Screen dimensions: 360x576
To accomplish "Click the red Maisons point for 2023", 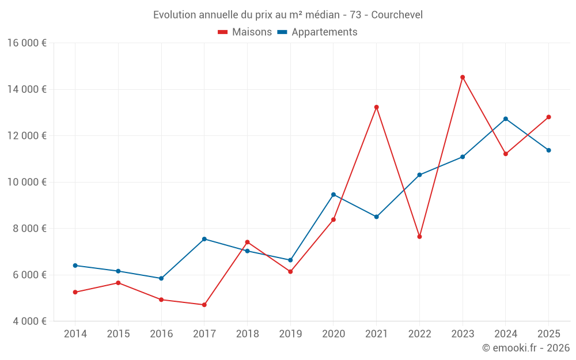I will [x=463, y=77].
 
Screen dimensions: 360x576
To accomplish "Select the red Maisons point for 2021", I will [x=376, y=107].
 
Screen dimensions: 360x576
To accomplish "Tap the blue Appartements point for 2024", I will [x=506, y=119].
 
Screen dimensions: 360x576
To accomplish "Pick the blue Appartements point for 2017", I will [x=204, y=239].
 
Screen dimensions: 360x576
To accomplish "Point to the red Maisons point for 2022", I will [x=419, y=237].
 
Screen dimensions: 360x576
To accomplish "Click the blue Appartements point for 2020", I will [x=334, y=195].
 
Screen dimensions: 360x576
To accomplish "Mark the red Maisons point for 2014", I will [x=75, y=292].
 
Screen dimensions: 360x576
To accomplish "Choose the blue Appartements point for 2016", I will [x=161, y=278].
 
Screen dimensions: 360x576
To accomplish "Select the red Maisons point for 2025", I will [x=548, y=117].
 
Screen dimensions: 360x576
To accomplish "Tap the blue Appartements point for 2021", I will [x=376, y=217].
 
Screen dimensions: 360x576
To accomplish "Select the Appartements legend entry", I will [x=317, y=32].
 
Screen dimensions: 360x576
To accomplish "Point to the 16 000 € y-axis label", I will [x=27, y=43].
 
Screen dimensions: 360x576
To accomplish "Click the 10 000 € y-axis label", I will [x=27, y=182].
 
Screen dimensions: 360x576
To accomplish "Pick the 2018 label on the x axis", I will [x=247, y=334].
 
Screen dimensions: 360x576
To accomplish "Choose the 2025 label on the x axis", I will [x=548, y=334].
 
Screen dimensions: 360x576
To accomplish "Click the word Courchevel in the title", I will [x=397, y=15].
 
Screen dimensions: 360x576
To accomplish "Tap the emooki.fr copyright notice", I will [x=525, y=348].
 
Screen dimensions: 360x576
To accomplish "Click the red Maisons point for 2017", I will [x=204, y=305].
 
